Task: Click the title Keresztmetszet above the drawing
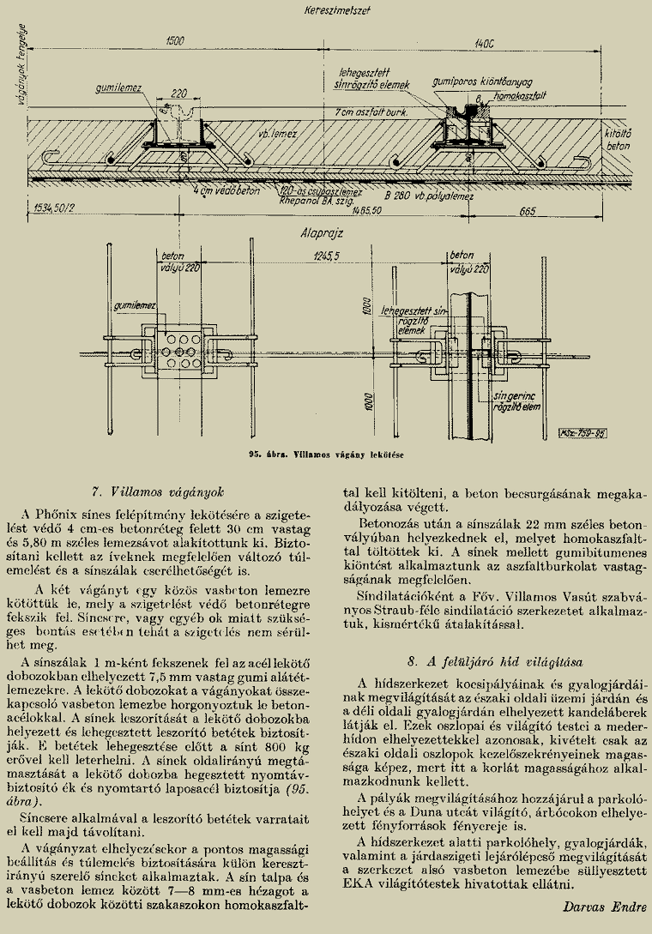point(331,12)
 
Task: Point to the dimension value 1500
point(175,40)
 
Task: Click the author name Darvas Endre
point(606,906)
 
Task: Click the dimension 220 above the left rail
point(179,93)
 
